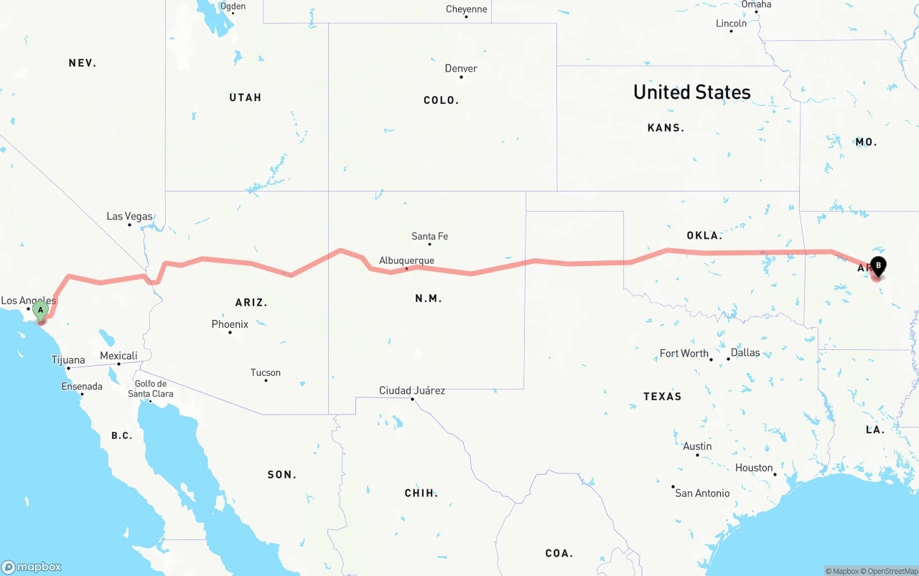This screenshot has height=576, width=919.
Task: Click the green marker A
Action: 41,311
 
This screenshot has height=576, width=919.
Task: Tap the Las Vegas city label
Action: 129,216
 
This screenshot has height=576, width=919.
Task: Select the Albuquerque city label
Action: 406,260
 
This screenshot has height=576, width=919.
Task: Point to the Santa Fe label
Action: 429,236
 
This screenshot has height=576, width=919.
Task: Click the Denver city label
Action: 461,68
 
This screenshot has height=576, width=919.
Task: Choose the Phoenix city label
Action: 230,324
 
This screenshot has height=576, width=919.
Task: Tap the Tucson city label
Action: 266,372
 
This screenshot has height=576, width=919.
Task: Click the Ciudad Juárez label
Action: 412,390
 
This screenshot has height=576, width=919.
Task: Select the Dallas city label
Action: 745,352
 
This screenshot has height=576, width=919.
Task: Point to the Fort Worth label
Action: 684,353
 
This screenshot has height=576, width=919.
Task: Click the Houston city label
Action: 754,468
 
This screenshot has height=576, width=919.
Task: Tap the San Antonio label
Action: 702,493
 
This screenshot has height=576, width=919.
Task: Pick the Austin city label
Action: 697,446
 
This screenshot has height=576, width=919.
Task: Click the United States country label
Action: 691,92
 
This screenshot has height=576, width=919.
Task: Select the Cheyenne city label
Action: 466,9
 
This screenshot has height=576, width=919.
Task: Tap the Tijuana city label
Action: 68,360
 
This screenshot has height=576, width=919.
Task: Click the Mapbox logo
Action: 32,567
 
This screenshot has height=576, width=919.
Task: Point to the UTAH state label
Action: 246,98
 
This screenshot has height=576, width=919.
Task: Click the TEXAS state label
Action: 662,396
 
